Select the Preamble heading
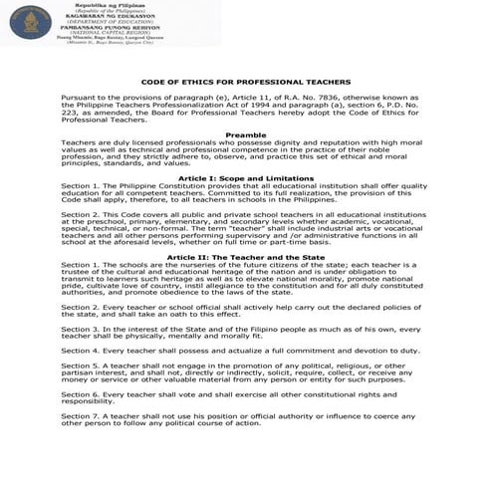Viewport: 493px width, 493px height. (245, 133)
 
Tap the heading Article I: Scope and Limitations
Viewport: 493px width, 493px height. (245, 176)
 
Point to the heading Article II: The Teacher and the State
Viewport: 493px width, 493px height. (245, 256)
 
